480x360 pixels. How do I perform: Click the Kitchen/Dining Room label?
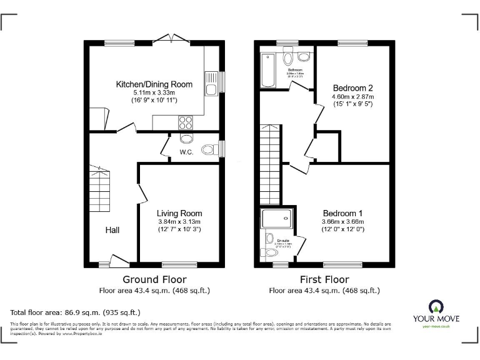point(154,84)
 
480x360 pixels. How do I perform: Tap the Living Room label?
point(179,213)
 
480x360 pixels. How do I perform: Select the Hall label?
point(112,230)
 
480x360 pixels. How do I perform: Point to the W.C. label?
point(186,152)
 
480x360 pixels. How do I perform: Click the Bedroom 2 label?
point(353,87)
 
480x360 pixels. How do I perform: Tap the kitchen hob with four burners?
point(186,122)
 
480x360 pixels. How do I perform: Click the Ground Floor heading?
point(154,279)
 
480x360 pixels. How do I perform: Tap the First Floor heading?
point(324,279)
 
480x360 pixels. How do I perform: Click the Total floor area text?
point(76,311)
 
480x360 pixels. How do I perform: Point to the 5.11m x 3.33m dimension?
point(154,92)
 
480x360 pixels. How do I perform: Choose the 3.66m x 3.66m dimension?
point(342,221)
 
